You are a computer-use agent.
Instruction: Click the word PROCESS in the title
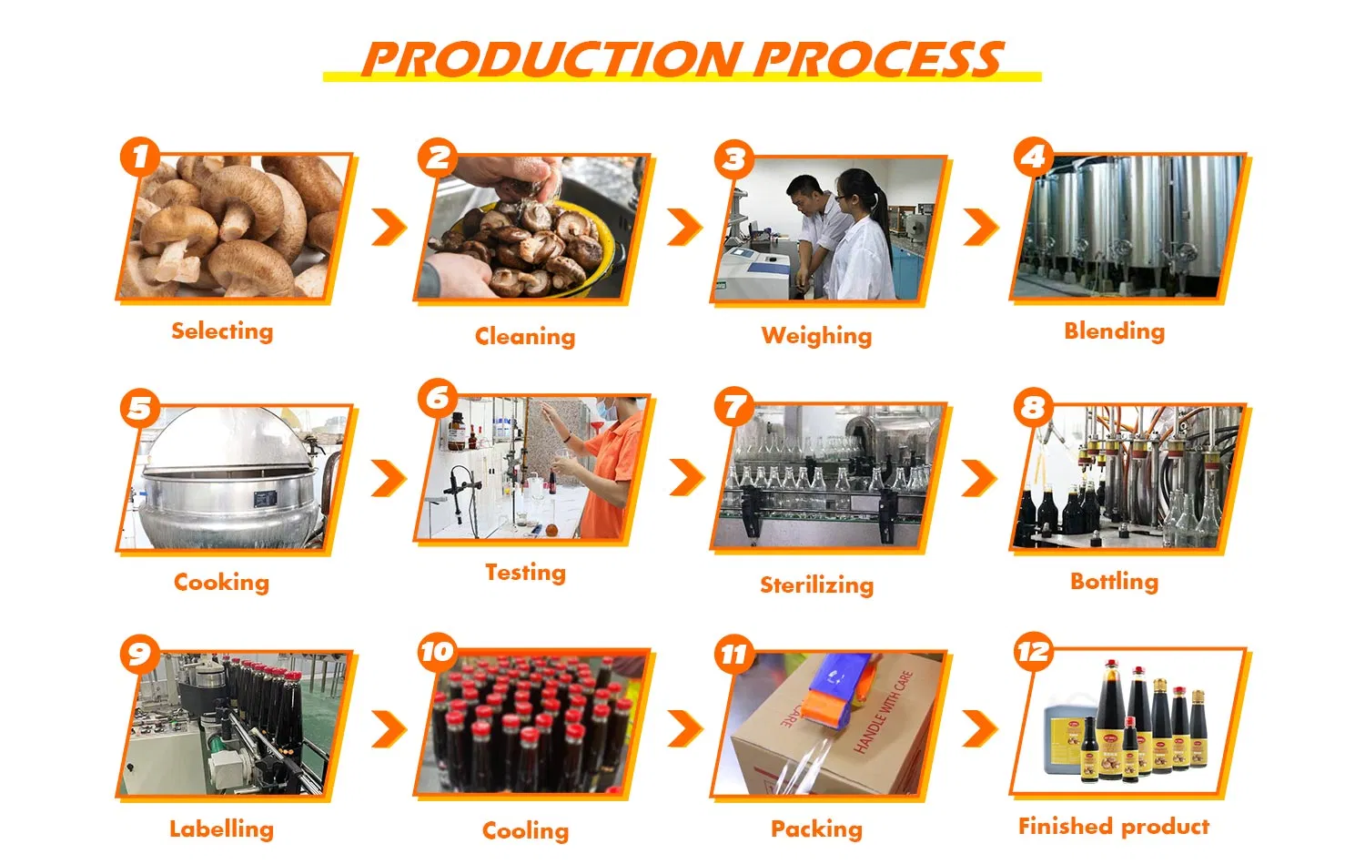coord(879,60)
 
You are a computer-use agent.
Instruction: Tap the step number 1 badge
coord(139,157)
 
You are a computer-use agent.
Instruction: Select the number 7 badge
coord(734,407)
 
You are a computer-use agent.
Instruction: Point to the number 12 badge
coord(1034,652)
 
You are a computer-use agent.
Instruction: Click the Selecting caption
coord(222,331)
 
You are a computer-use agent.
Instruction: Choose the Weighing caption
coord(816,336)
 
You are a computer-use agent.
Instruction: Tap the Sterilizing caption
coord(816,584)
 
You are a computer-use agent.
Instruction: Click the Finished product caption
coord(1114,826)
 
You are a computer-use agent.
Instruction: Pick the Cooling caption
coord(525,830)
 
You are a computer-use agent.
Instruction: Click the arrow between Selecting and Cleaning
coord(389,228)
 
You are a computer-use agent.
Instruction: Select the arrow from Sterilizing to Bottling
coord(980,478)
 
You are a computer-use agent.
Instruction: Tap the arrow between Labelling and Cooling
coord(389,728)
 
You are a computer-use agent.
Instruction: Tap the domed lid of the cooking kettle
coord(228,438)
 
